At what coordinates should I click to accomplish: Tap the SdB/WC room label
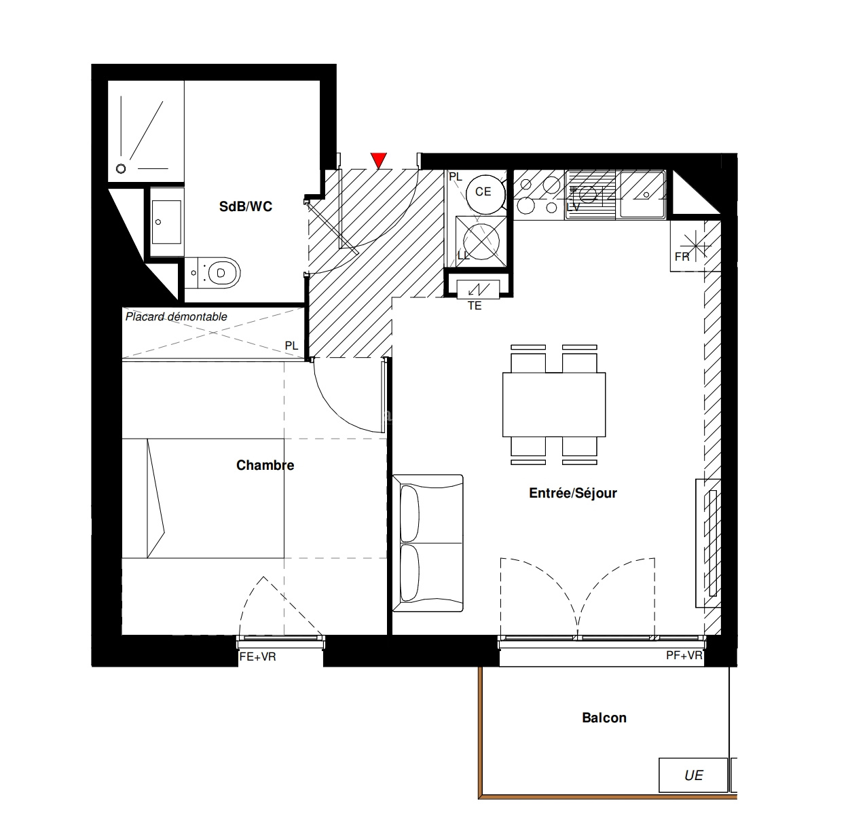click(x=246, y=206)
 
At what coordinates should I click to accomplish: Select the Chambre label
click(x=265, y=465)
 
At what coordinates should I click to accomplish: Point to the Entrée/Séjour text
click(x=572, y=494)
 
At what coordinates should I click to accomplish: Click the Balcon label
click(x=604, y=718)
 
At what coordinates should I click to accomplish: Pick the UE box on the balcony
click(x=693, y=775)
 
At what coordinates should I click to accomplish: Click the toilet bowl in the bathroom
click(x=219, y=273)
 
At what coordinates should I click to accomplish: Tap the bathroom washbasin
click(x=166, y=222)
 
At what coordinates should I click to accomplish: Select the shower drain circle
click(x=121, y=168)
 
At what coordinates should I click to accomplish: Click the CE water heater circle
click(x=485, y=194)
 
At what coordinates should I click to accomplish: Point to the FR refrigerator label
click(x=682, y=257)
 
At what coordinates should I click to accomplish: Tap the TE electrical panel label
click(x=475, y=306)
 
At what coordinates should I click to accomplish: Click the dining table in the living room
click(x=554, y=405)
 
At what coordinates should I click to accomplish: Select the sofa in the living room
click(x=428, y=543)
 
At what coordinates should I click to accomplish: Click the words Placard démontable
click(x=176, y=317)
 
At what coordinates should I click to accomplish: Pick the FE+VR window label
click(x=258, y=657)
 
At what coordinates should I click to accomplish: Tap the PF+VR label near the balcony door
click(x=684, y=655)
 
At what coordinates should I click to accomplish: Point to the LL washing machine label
click(x=464, y=255)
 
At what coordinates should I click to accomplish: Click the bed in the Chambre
click(x=203, y=498)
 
